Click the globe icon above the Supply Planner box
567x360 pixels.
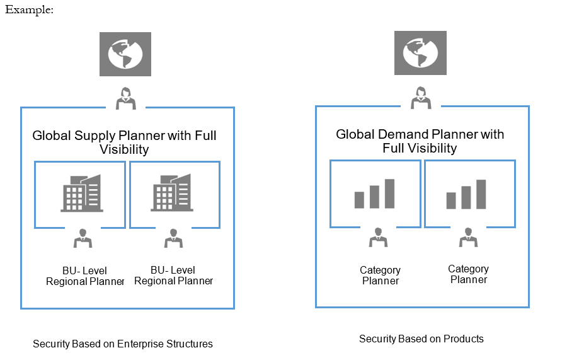click(125, 54)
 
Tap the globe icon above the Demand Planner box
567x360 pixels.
click(420, 53)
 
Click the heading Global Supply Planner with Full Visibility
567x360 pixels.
click(124, 142)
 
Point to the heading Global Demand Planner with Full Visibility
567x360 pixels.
click(420, 141)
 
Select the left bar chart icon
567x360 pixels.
click(374, 194)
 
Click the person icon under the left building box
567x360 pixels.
click(83, 238)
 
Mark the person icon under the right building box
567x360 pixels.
click(173, 238)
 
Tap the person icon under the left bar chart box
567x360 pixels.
click(378, 237)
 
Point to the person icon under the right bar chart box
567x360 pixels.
click(468, 237)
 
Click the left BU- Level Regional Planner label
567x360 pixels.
click(85, 276)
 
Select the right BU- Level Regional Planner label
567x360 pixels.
click(173, 276)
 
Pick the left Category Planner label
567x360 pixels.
click(380, 276)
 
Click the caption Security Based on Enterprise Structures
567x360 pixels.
click(123, 344)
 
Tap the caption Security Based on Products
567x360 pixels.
click(421, 339)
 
